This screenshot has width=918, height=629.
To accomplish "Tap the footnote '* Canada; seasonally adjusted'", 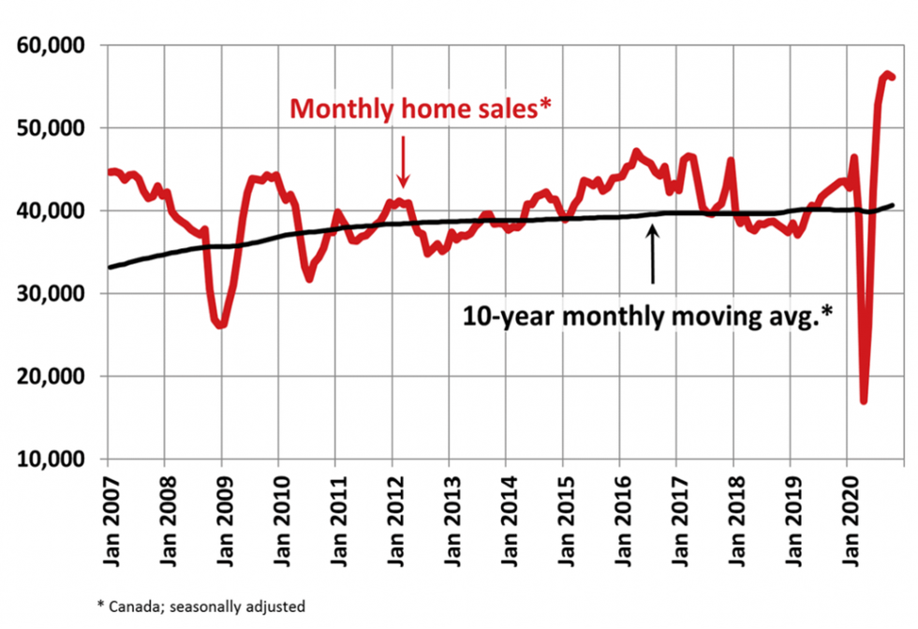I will click(203, 606).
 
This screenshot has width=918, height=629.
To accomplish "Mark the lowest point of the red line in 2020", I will click(864, 401).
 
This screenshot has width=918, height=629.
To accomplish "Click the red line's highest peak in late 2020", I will click(886, 73).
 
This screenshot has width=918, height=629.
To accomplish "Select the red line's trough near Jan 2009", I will click(221, 325).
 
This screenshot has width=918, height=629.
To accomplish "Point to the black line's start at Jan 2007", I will click(109, 268).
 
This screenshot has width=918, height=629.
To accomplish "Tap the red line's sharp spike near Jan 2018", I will click(731, 161).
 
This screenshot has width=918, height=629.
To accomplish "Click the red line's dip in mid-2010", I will click(310, 278).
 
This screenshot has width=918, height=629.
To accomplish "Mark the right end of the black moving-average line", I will click(892, 205).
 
